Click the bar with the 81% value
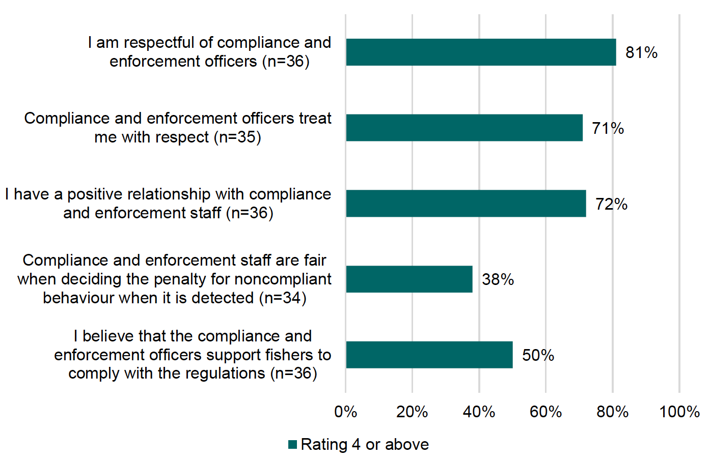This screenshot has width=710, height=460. pos(481,52)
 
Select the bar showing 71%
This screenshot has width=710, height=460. pos(464,128)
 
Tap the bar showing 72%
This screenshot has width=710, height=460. pos(466,204)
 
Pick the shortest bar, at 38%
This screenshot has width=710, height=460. pos(409,279)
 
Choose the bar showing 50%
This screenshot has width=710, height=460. pos(429,355)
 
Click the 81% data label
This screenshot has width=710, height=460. pos(641,52)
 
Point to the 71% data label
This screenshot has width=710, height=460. pos(608,128)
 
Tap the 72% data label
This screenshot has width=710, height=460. pos(611,204)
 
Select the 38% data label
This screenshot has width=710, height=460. pos(498,279)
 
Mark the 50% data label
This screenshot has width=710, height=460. pos(538,355)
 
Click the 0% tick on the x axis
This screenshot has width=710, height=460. pos(345,412)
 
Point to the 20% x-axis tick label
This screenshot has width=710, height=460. pos(412,412)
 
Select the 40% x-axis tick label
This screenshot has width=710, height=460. pos(479,412)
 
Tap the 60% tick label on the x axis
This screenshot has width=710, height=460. pos(545,412)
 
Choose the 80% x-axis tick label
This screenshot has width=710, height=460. pos(612,412)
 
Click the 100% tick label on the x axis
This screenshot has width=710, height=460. pos(679,412)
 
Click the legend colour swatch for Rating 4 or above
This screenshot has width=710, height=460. pos(292,444)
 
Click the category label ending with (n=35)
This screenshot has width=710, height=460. pos(178,128)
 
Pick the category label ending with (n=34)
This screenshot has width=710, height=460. pos(175,279)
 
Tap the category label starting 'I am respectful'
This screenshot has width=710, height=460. pos(209,52)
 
